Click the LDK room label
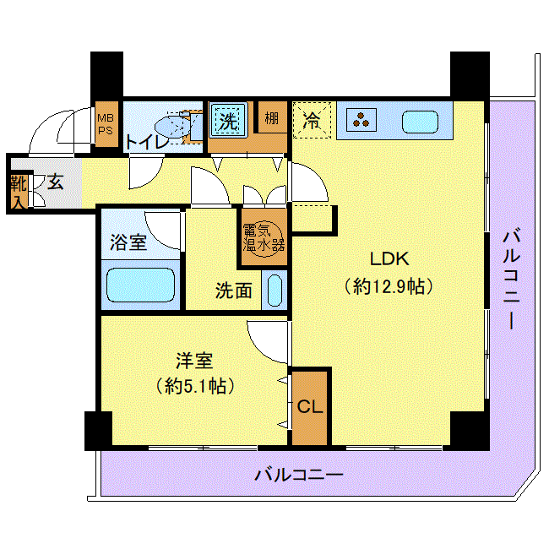[x=389, y=259]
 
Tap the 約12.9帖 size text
[x=389, y=287]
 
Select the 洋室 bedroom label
[x=194, y=361]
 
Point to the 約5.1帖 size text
[x=195, y=386]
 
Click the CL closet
[x=310, y=408]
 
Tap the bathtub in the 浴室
[x=140, y=285]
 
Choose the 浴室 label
[x=128, y=242]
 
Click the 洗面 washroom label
[x=233, y=291]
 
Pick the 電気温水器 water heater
[x=264, y=238]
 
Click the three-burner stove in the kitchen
[x=361, y=120]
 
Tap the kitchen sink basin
[x=420, y=122]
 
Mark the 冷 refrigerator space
[x=312, y=120]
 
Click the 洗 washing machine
[x=228, y=120]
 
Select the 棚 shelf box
[x=273, y=117]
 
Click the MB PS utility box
[x=106, y=124]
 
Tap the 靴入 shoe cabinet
[x=19, y=192]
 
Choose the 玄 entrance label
[x=55, y=182]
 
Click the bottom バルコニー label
[x=299, y=476]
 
